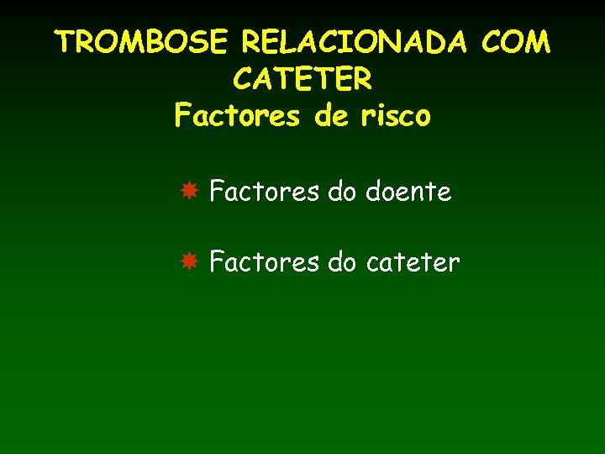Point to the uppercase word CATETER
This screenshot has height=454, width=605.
(x=302, y=80)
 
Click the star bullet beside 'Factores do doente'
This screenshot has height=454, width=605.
(x=190, y=192)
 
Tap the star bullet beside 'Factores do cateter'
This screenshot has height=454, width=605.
(x=190, y=262)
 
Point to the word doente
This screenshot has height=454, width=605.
(x=409, y=193)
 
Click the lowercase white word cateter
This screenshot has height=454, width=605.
(x=413, y=263)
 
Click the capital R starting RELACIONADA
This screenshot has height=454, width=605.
(x=251, y=42)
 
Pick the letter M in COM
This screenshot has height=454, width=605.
(x=538, y=42)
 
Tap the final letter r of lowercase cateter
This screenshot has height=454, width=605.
(x=455, y=265)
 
